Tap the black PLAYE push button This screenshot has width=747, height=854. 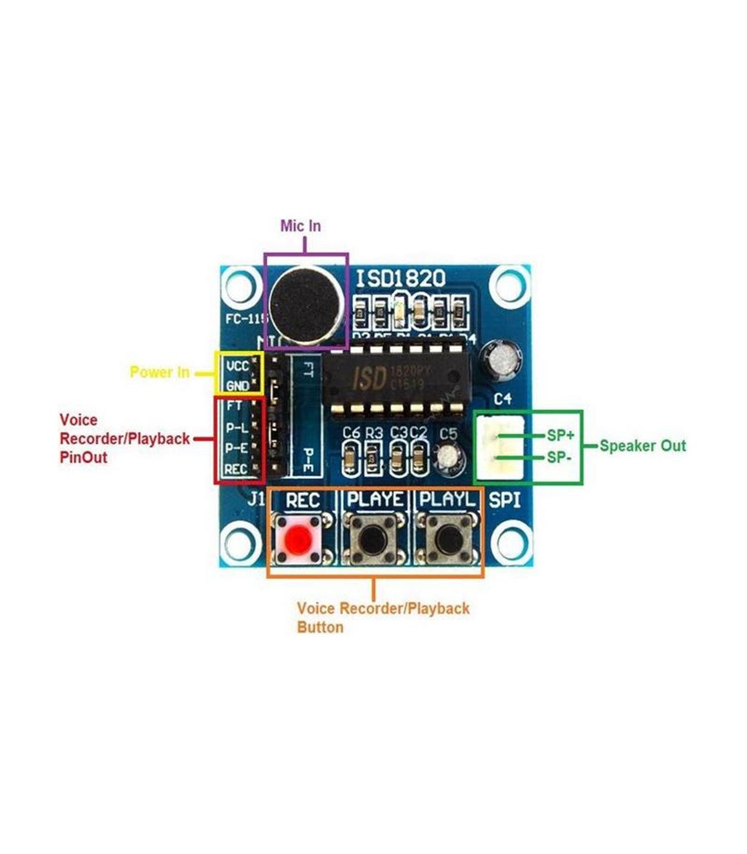pyautogui.click(x=373, y=537)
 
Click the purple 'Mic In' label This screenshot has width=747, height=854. pyautogui.click(x=300, y=225)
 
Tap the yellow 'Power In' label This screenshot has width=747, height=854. pyautogui.click(x=159, y=372)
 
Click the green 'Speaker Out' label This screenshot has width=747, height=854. pyautogui.click(x=642, y=446)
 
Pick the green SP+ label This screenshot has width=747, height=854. pyautogui.click(x=560, y=435)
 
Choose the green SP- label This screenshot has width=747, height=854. pyautogui.click(x=559, y=457)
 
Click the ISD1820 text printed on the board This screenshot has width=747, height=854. pyautogui.click(x=400, y=278)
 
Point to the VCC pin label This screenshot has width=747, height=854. pyautogui.click(x=237, y=367)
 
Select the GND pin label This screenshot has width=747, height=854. pyautogui.click(x=237, y=386)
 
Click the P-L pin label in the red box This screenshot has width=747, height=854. pyautogui.click(x=236, y=428)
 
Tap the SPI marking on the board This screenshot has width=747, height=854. pyautogui.click(x=505, y=499)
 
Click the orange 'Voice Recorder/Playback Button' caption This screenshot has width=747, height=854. pyautogui.click(x=382, y=617)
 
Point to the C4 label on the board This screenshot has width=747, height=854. pyautogui.click(x=502, y=398)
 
